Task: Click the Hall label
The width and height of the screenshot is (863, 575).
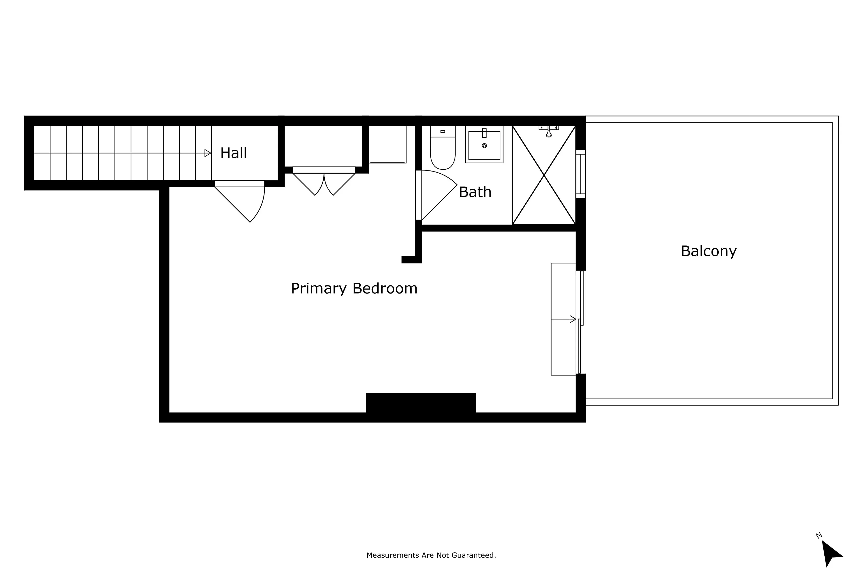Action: (x=233, y=153)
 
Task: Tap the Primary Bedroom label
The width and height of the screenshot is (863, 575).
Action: (x=354, y=288)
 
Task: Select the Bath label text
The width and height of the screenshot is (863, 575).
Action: (x=475, y=192)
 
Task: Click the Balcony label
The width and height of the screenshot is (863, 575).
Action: (x=709, y=251)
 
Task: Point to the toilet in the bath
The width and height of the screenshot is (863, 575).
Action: (x=443, y=151)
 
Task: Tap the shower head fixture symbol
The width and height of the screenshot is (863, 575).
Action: (x=549, y=132)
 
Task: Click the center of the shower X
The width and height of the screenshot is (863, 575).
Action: (x=544, y=175)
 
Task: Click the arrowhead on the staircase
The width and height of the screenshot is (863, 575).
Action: (x=208, y=153)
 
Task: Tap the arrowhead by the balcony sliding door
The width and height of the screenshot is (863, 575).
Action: (x=572, y=319)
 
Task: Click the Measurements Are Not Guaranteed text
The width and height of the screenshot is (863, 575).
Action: (x=431, y=555)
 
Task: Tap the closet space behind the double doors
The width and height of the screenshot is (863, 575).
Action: (x=324, y=146)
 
